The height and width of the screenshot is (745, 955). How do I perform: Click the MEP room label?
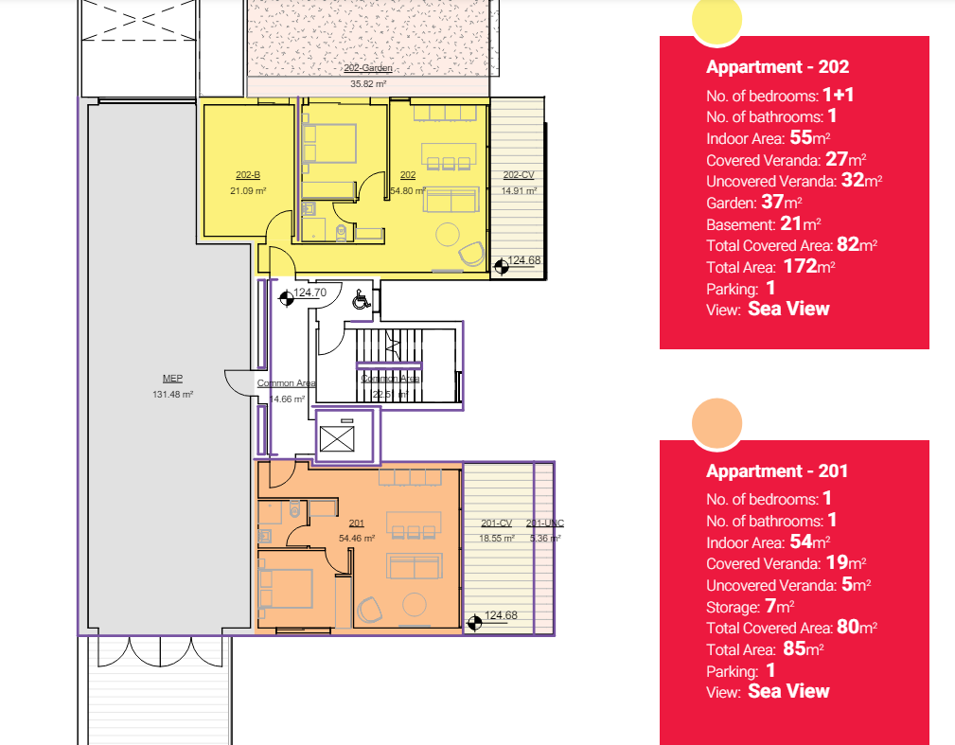point(172,379)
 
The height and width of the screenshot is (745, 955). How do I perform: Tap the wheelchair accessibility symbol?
point(361,300)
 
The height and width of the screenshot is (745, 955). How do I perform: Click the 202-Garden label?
point(368,68)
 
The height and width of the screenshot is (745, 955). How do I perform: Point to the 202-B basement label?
point(248,175)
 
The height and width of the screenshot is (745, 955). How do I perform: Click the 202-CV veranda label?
point(519,175)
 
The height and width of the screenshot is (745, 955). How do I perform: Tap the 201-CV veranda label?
point(496,523)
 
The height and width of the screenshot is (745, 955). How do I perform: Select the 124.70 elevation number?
point(310,293)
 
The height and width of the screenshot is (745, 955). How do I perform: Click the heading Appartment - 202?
point(777,67)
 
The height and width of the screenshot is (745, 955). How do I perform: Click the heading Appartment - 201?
point(777,470)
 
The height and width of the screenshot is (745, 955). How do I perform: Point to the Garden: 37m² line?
point(754,202)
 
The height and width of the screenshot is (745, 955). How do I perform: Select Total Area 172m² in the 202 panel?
point(770,267)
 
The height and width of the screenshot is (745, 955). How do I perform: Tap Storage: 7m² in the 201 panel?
point(750,606)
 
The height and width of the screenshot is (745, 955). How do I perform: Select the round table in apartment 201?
point(415,604)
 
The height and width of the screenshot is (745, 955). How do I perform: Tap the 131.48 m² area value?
point(172,394)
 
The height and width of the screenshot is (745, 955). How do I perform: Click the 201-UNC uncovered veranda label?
point(545,523)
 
